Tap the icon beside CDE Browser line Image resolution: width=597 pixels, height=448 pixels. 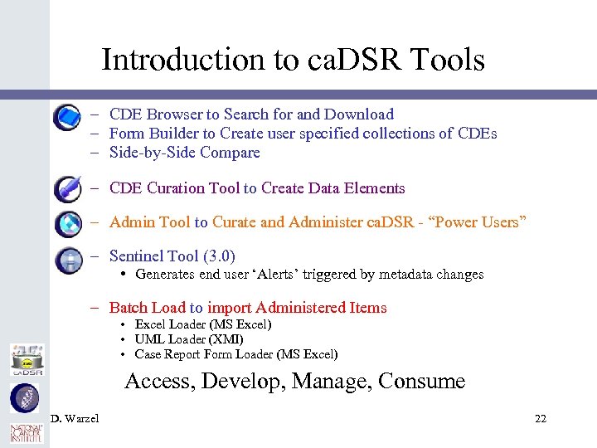click(x=67, y=118)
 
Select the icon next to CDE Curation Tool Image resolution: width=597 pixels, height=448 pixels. click(x=67, y=189)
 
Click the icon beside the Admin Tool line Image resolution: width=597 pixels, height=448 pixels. click(x=67, y=224)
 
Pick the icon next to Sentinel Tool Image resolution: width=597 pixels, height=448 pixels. click(x=67, y=260)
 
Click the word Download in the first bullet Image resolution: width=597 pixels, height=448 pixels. click(x=359, y=114)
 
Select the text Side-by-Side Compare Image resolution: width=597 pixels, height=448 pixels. click(x=184, y=153)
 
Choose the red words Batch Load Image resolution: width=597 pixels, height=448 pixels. click(x=148, y=308)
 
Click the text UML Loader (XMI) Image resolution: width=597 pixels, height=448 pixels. click(x=189, y=339)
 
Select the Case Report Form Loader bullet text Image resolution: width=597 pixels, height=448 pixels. click(x=236, y=354)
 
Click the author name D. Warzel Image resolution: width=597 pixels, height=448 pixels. click(x=75, y=418)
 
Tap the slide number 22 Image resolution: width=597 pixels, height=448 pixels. click(x=540, y=418)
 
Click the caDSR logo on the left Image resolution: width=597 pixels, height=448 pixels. click(x=26, y=359)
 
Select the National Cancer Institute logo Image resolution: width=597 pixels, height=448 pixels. click(x=26, y=432)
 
